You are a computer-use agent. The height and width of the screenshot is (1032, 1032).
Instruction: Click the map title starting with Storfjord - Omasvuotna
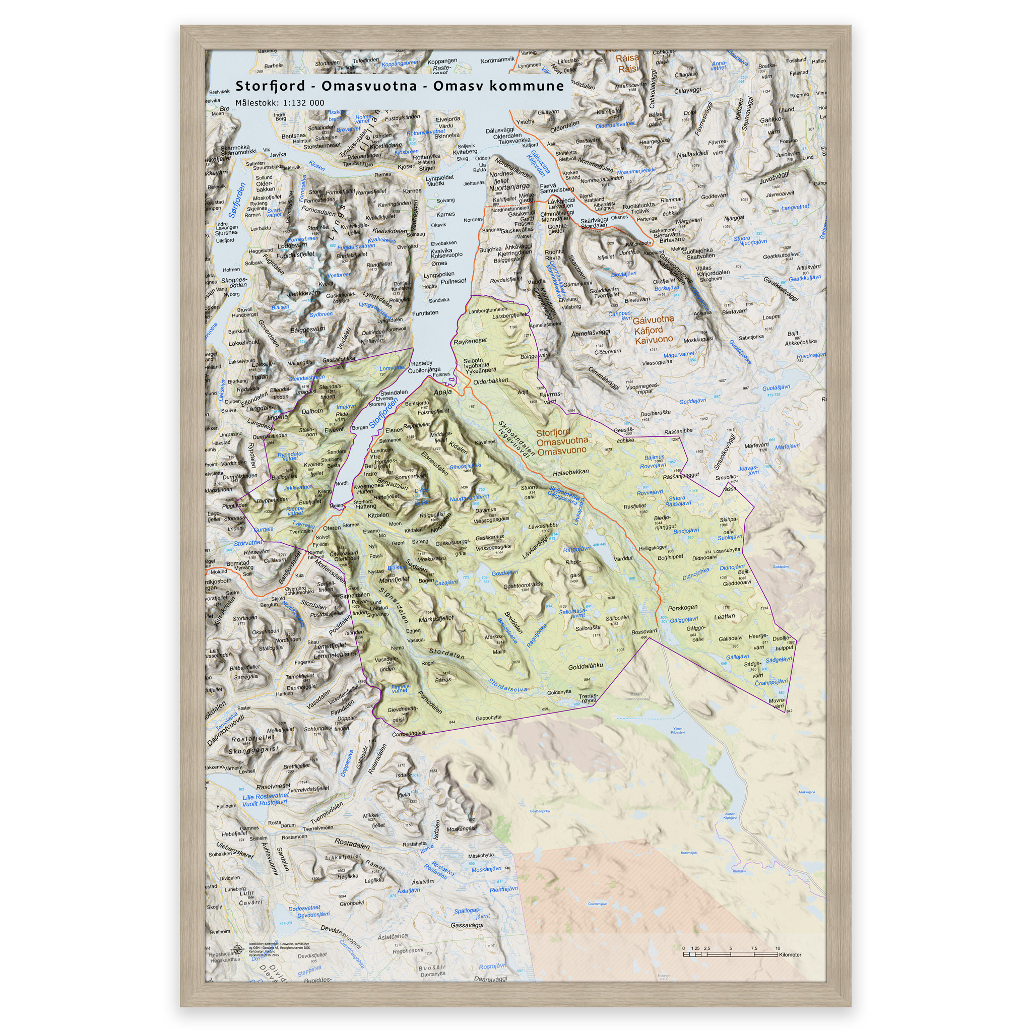coord(400,86)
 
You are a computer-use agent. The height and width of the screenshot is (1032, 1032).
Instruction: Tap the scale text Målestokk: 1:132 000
coord(279,103)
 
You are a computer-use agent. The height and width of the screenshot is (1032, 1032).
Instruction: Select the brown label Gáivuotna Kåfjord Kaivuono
coord(654,330)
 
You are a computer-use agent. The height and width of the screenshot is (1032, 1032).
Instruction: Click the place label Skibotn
coord(473,361)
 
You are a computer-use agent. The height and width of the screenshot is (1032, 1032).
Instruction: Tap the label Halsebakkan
coord(570,472)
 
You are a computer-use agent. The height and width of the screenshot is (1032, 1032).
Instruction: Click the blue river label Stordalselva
coord(507,685)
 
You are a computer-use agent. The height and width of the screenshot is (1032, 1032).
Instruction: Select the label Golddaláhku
coord(586,666)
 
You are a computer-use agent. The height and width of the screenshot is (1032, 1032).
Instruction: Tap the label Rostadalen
coord(352,844)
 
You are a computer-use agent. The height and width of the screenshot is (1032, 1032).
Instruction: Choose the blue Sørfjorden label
coord(237,201)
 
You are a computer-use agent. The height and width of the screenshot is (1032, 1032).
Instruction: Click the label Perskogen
coord(682,607)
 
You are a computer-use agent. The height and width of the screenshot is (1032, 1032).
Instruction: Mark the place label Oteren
coord(331,528)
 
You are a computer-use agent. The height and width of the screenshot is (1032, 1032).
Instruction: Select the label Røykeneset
coord(470,341)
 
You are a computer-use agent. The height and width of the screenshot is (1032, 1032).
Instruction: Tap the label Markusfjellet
coord(436,619)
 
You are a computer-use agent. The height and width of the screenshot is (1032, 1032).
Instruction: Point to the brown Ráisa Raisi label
coord(627,63)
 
